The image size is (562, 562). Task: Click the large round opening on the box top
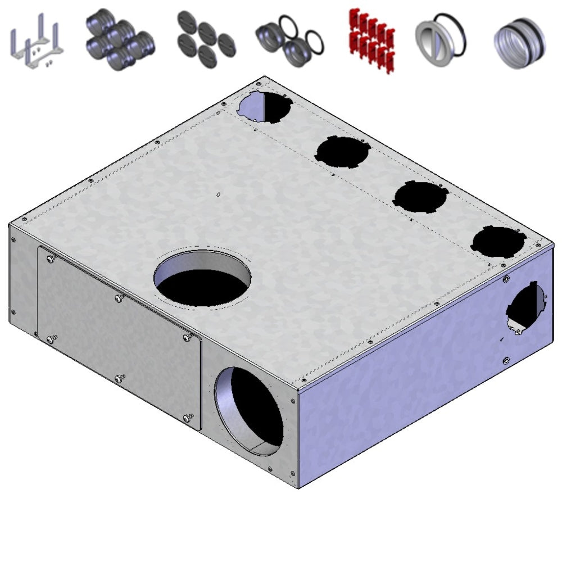[x=203, y=279]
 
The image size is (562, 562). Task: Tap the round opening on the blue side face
[x=527, y=308]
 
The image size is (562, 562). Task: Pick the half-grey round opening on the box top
[x=264, y=107]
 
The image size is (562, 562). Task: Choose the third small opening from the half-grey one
[x=420, y=197]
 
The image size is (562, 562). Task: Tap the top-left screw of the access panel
[x=51, y=259]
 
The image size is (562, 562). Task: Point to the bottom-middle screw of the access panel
[x=119, y=379]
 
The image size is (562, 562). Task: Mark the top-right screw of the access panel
[x=188, y=337]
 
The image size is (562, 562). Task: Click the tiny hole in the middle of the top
[x=218, y=195]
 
